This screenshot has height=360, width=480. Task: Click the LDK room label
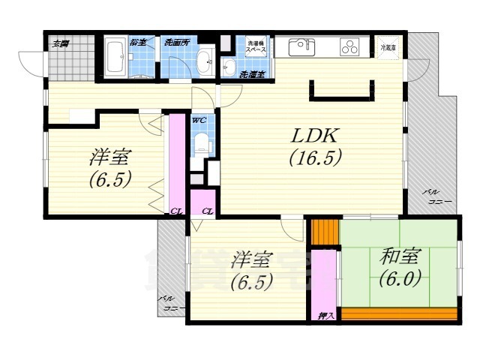(316, 136)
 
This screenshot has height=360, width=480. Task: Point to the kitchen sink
(300, 46)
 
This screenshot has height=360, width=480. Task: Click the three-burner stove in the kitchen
(350, 47)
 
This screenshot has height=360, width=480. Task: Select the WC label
(199, 120)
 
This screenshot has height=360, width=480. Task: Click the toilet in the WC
(200, 142)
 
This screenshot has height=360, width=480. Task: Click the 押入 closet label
(325, 316)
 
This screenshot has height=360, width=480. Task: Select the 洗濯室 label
(250, 73)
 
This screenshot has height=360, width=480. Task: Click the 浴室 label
(136, 42)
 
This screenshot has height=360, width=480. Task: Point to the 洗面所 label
(177, 42)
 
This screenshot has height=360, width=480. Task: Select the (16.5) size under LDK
(316, 158)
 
